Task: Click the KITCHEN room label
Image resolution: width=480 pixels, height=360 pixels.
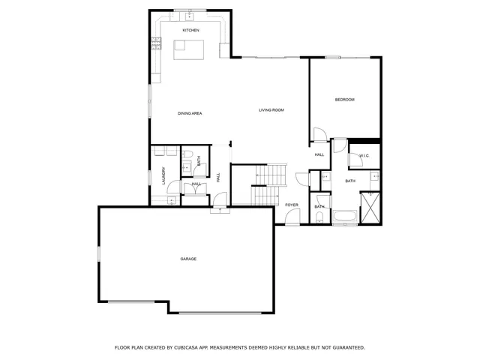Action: pos(190,29)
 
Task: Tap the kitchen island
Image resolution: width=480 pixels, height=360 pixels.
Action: pos(188,49)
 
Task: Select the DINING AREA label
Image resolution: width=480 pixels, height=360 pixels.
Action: pos(190,113)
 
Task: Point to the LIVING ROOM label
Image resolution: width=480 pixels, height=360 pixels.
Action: pos(271,110)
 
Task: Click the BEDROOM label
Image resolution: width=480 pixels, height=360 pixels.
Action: pos(344,100)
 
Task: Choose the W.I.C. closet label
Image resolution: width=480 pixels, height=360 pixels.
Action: pos(364,155)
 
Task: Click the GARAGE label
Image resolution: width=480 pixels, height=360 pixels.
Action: pos(188,259)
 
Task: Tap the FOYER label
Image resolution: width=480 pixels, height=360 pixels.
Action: pos(292,205)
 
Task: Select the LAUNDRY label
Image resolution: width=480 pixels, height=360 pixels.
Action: pos(163,176)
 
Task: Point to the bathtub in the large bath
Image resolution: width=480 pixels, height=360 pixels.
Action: pos(345,218)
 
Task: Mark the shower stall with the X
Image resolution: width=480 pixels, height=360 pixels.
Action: pos(370,208)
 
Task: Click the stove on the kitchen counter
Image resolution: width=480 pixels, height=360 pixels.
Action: pos(157,44)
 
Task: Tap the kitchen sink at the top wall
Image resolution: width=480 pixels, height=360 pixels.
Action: pos(190,15)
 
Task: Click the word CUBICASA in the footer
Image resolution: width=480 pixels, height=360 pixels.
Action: pos(193,347)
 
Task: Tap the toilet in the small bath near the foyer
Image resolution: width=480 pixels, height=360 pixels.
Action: pos(319,217)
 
